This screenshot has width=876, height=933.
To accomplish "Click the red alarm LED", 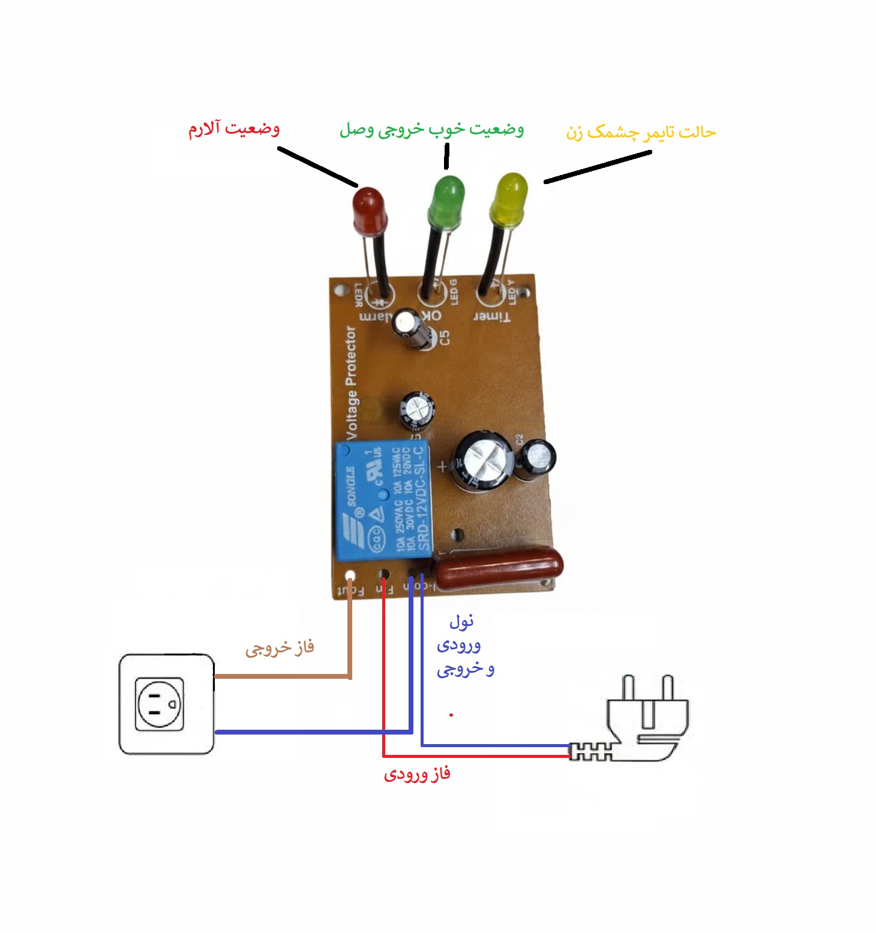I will pyautogui.click(x=368, y=210).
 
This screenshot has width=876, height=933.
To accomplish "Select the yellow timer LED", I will pyautogui.click(x=509, y=198).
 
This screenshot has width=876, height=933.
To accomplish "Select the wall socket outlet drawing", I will pyautogui.click(x=166, y=703).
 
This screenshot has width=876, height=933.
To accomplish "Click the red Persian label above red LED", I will pyautogui.click(x=234, y=129).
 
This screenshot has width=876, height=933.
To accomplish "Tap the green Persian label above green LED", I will pyautogui.click(x=431, y=130).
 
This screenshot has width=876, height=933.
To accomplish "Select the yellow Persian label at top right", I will pyautogui.click(x=641, y=132).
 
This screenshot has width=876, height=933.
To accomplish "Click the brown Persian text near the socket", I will pyautogui.click(x=280, y=648).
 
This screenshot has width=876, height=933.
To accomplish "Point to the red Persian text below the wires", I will pyautogui.click(x=417, y=774).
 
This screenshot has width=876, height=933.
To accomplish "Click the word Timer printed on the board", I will pyautogui.click(x=492, y=316).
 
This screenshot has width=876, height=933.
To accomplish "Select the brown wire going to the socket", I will pyautogui.click(x=282, y=676).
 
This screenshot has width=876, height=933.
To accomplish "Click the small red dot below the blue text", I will pyautogui.click(x=451, y=715).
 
